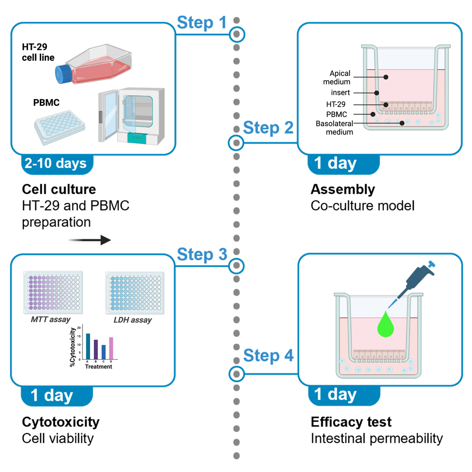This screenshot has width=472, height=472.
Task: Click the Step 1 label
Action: tap(202, 22)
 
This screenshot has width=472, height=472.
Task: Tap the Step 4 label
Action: tap(268, 355)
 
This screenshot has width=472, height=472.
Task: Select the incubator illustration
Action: tap(131, 115)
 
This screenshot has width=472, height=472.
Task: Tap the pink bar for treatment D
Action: tap(111, 348)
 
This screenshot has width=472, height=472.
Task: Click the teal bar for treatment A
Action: tap(88, 346)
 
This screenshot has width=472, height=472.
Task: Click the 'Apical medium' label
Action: tap(340, 77)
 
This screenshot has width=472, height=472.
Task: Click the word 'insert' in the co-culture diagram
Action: tap(341, 93)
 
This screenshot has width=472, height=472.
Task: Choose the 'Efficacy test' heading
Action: tap(351, 422)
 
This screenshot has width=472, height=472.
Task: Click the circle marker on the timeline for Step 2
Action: tap(236, 142)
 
